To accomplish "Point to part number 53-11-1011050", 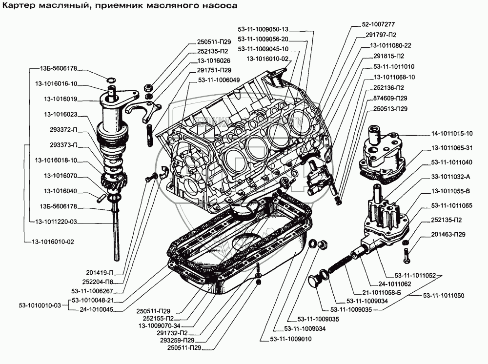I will click(x=443, y=295).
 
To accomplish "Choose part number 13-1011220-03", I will click(x=56, y=222).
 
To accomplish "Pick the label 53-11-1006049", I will click(x=219, y=79).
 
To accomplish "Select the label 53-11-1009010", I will click(x=291, y=339).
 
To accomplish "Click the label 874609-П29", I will click(x=390, y=98).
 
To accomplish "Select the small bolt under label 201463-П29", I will click(x=406, y=254).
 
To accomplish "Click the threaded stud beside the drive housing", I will click(x=147, y=133).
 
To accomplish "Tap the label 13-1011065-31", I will click(x=451, y=148).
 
